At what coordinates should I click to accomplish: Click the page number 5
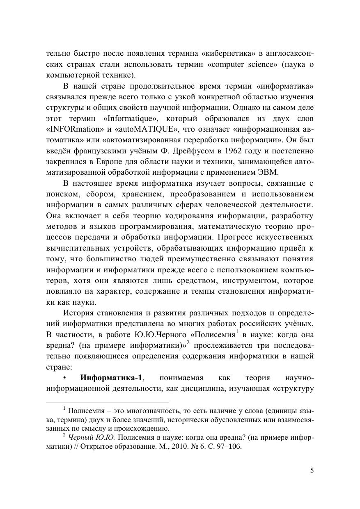click(x=312, y=471)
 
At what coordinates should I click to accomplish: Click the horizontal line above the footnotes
click(x=108, y=402)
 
